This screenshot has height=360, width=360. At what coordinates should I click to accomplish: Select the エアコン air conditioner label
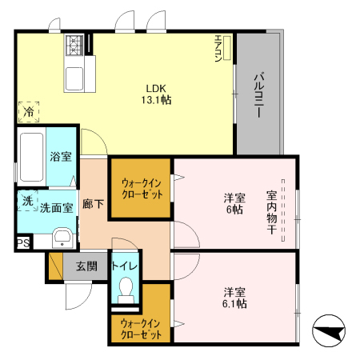(x=218, y=49)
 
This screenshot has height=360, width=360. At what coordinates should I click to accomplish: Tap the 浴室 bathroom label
(x=60, y=155)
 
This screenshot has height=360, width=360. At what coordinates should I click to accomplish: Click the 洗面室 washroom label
(x=57, y=206)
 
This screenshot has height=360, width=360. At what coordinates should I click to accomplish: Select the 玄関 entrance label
(x=87, y=266)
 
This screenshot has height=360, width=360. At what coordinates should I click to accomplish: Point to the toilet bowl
(x=124, y=289)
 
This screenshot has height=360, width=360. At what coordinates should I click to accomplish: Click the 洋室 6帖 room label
(x=234, y=204)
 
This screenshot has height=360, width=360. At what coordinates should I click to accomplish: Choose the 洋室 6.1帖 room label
(x=234, y=298)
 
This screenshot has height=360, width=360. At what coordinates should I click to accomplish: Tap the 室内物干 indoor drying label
(x=271, y=212)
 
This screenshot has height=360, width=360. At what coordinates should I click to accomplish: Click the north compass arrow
(x=329, y=330)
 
